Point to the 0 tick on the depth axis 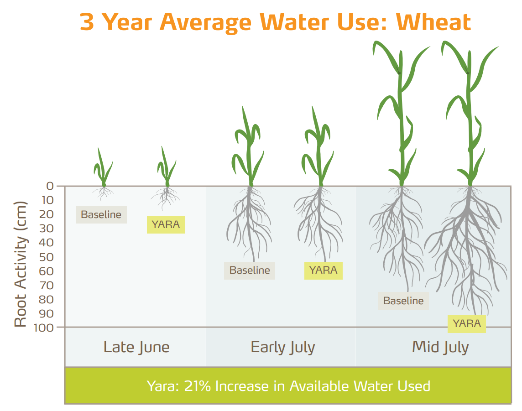point(50,186)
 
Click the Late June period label point(136,347)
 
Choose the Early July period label point(283,347)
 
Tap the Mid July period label point(440,347)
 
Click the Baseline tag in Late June point(101,214)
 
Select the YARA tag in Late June point(166,224)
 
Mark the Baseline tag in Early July point(250,270)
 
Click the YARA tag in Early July point(323,270)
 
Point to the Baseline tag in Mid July point(403,301)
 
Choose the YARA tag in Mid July point(466,323)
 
